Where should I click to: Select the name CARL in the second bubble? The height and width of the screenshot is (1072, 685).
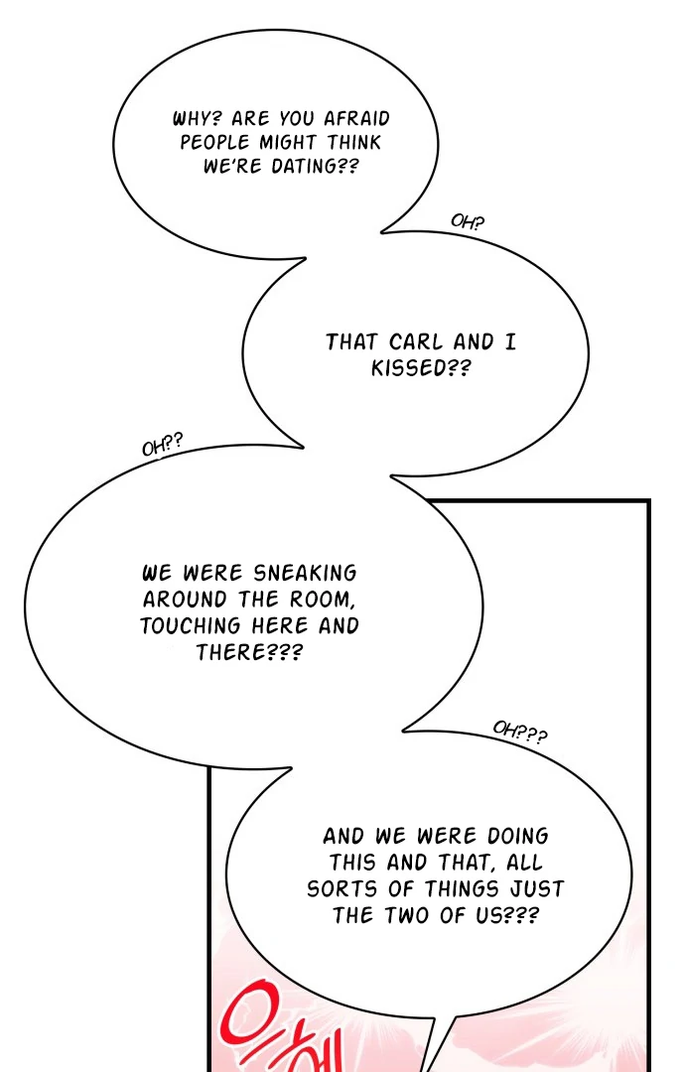pyautogui.click(x=416, y=342)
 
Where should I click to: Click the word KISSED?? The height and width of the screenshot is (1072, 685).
pyautogui.click(x=421, y=368)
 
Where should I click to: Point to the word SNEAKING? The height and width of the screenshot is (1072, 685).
pyautogui.click(x=305, y=574)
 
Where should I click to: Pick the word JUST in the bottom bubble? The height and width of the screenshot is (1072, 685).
pyautogui.click(x=538, y=889)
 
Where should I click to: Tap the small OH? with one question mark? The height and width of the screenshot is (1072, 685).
pyautogui.click(x=468, y=221)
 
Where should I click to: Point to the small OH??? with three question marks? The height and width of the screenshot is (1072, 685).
pyautogui.click(x=519, y=733)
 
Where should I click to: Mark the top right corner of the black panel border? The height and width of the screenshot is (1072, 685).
pyautogui.click(x=647, y=502)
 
